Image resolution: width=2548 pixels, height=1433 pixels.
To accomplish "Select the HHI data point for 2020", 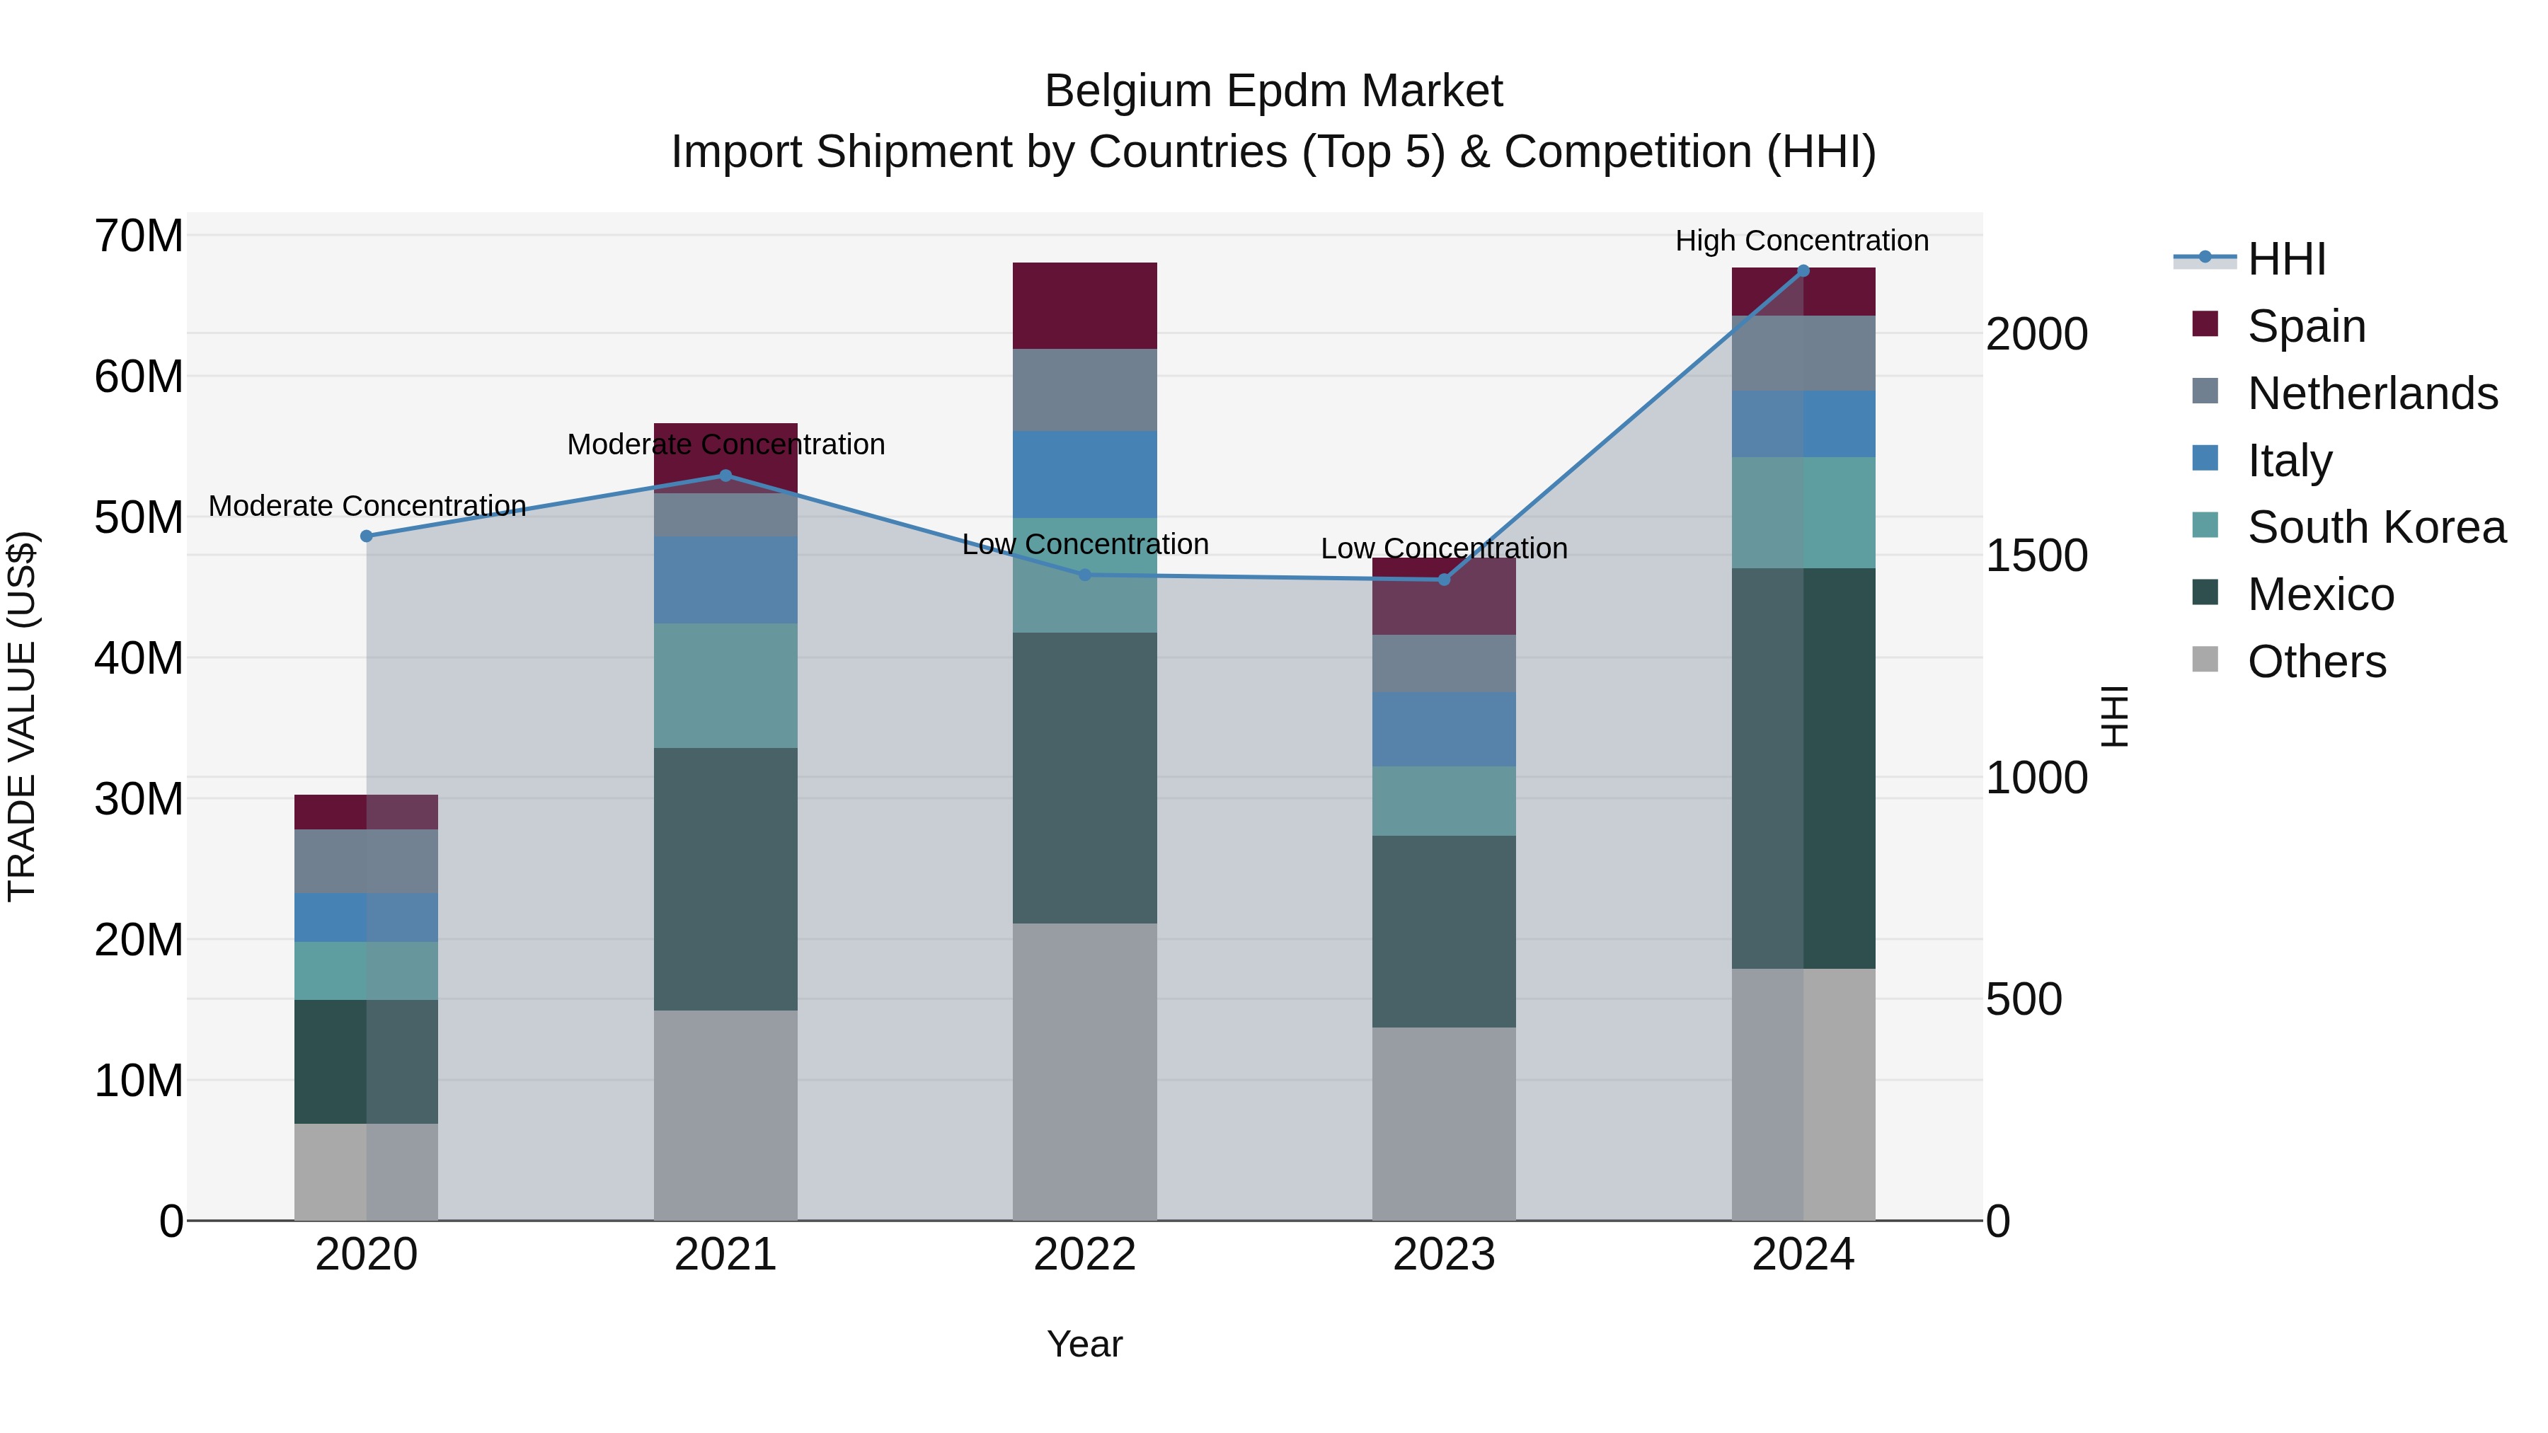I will tap(366, 536).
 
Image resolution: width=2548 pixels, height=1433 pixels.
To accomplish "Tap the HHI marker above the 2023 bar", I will tap(1443, 580).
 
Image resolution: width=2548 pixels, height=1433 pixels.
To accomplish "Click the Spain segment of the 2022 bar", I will tap(1084, 306).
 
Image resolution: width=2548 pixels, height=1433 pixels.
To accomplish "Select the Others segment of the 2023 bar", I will tap(1443, 1124).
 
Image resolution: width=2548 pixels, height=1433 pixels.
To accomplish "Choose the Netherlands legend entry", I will tap(2372, 393).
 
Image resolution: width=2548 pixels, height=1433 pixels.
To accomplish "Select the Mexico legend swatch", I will tap(2205, 594).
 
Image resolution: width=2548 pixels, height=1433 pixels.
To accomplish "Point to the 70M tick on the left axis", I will tap(139, 236).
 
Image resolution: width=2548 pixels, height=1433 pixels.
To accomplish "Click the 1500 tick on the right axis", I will tap(2036, 556).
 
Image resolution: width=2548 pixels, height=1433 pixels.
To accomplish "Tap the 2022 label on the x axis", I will tap(1084, 1255).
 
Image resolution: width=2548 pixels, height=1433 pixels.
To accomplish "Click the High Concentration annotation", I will tap(1801, 241).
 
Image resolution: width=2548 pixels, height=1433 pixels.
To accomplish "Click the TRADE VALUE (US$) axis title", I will tap(22, 716).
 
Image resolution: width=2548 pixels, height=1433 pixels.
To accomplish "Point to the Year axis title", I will tap(1084, 1344).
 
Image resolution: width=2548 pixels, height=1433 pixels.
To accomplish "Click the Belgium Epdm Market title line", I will tap(1273, 91).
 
